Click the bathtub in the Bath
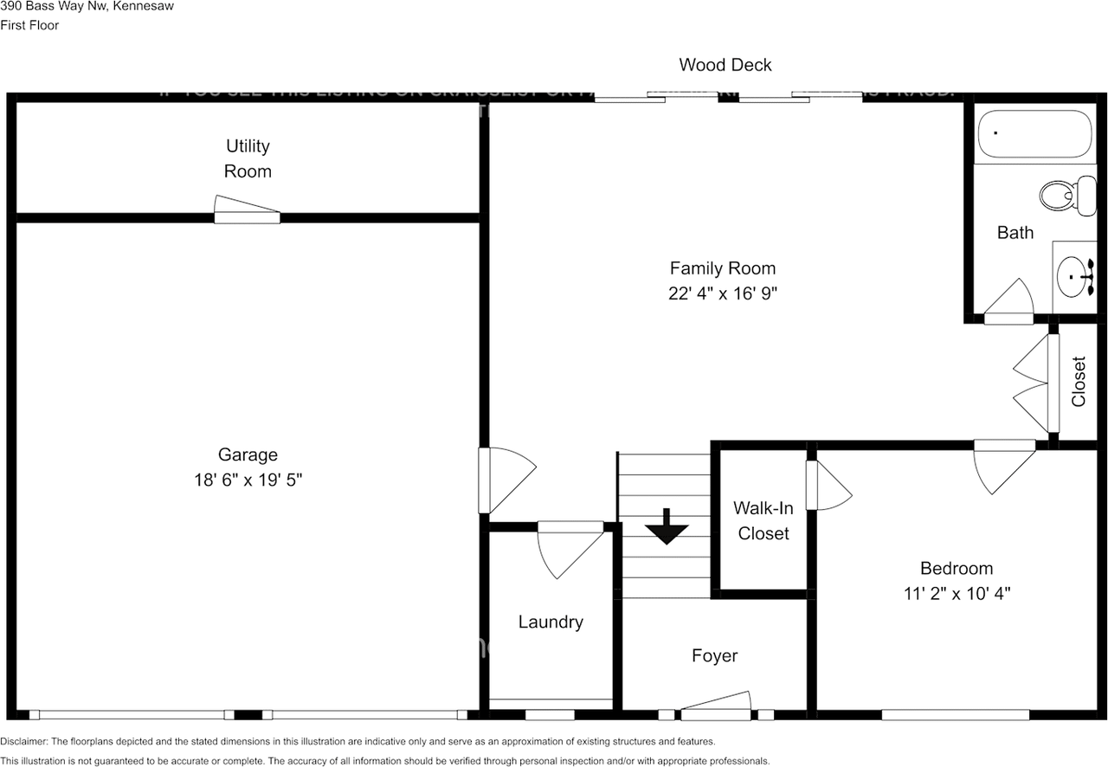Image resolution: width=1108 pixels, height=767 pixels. (x=1035, y=134)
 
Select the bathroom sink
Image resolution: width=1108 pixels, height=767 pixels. (x=1074, y=277)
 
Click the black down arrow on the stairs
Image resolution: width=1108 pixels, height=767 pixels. (x=666, y=527)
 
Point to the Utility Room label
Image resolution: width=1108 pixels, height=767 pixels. (x=248, y=158)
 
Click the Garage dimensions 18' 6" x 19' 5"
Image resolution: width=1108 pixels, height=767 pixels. (x=248, y=480)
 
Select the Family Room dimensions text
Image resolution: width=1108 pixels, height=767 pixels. (x=723, y=293)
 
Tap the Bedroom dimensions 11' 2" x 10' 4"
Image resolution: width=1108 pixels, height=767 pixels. (x=956, y=594)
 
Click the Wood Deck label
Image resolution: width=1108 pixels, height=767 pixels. (x=725, y=65)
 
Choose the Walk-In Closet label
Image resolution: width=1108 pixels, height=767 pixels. (x=763, y=521)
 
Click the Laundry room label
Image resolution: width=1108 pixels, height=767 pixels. (x=551, y=622)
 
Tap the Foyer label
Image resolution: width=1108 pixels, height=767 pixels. (x=714, y=656)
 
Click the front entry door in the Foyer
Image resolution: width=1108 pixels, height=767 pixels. (x=716, y=706)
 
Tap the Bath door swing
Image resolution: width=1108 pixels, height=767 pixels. (x=1009, y=303)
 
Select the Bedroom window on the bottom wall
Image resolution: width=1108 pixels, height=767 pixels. (x=956, y=715)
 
